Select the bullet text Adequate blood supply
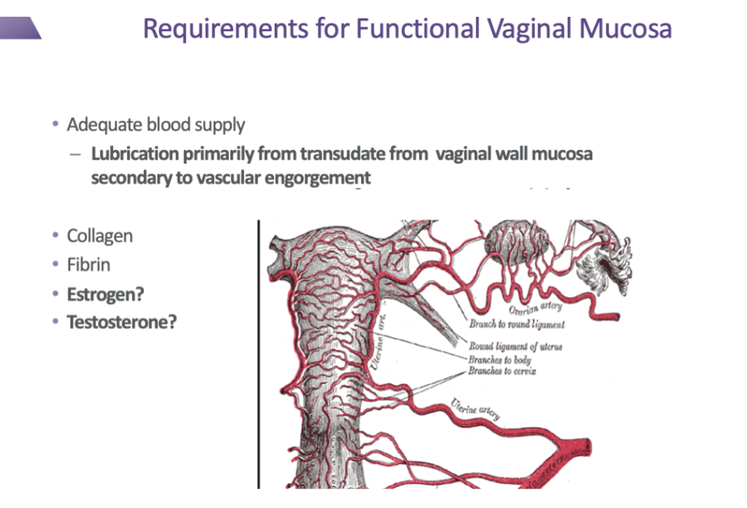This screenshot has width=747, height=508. coord(156,125)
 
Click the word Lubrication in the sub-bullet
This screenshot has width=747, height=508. coord(134,155)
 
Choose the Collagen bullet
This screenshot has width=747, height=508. coord(99,236)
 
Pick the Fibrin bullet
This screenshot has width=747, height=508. coord(89,265)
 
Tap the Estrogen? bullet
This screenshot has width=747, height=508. coord(106,294)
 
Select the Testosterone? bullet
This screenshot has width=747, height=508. coord(122,322)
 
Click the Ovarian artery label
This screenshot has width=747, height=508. coord(535,308)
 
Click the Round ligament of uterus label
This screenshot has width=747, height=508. coord(515,347)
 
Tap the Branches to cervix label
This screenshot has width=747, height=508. coord(502,372)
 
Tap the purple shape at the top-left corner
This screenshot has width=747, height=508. coord(19,29)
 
